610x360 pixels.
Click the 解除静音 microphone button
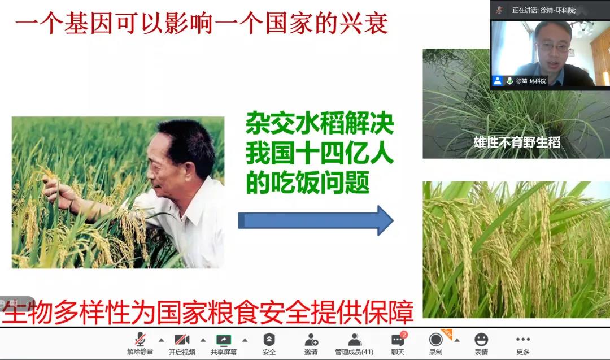(x=140, y=344)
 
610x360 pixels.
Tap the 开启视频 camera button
(x=182, y=344)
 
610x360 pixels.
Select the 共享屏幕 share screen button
(x=224, y=344)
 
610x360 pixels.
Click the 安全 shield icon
(x=269, y=340)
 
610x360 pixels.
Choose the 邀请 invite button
(x=311, y=344)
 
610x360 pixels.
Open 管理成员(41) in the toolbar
(x=354, y=344)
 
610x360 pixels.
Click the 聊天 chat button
(x=398, y=344)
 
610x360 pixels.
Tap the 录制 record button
(x=435, y=344)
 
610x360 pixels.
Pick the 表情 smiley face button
(x=481, y=344)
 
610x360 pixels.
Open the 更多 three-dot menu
(x=523, y=344)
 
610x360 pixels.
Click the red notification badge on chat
(x=404, y=335)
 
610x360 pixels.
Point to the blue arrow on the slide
(x=316, y=220)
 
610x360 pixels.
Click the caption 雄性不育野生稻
(x=517, y=142)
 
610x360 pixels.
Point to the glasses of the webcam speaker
(x=553, y=47)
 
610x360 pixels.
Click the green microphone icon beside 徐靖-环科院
(x=509, y=81)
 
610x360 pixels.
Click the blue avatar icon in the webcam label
(x=498, y=81)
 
